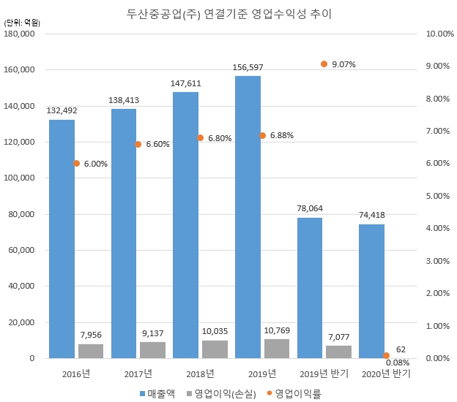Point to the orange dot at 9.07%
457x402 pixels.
324,64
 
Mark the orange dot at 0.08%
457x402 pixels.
386,356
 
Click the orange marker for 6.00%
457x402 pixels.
76,164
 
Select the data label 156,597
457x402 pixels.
248,67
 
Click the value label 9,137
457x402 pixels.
153,333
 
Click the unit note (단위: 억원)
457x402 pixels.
22,23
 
